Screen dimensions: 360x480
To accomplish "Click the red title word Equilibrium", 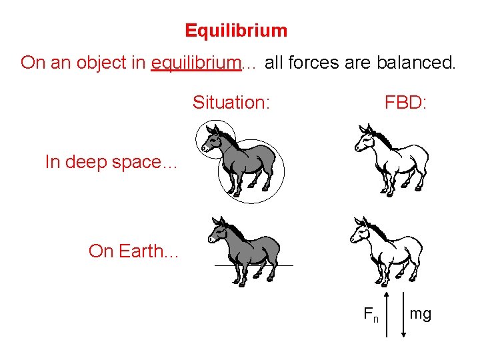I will point(236,31).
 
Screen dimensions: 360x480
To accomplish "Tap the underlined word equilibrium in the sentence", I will point(196,63).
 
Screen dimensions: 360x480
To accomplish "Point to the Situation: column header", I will point(231,103).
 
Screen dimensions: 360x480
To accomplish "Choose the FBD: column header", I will point(405,103).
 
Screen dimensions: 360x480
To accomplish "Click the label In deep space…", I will point(111,162).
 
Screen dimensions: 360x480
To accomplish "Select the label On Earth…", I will point(133,251).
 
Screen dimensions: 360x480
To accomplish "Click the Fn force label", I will point(371,314).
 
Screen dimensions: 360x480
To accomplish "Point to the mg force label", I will point(420,313).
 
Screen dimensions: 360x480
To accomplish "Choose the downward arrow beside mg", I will point(403,313).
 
